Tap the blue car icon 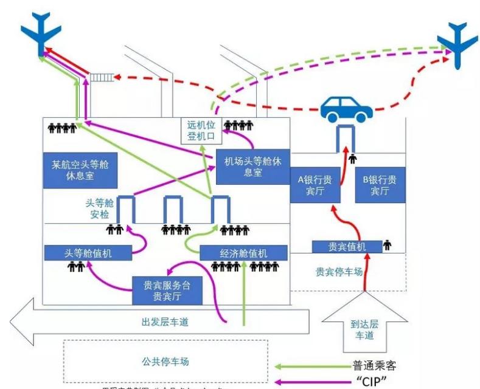pos(346,108)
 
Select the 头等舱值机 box pos(88,252)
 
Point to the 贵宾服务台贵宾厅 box pos(166,290)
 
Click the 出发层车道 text pos(164,322)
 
